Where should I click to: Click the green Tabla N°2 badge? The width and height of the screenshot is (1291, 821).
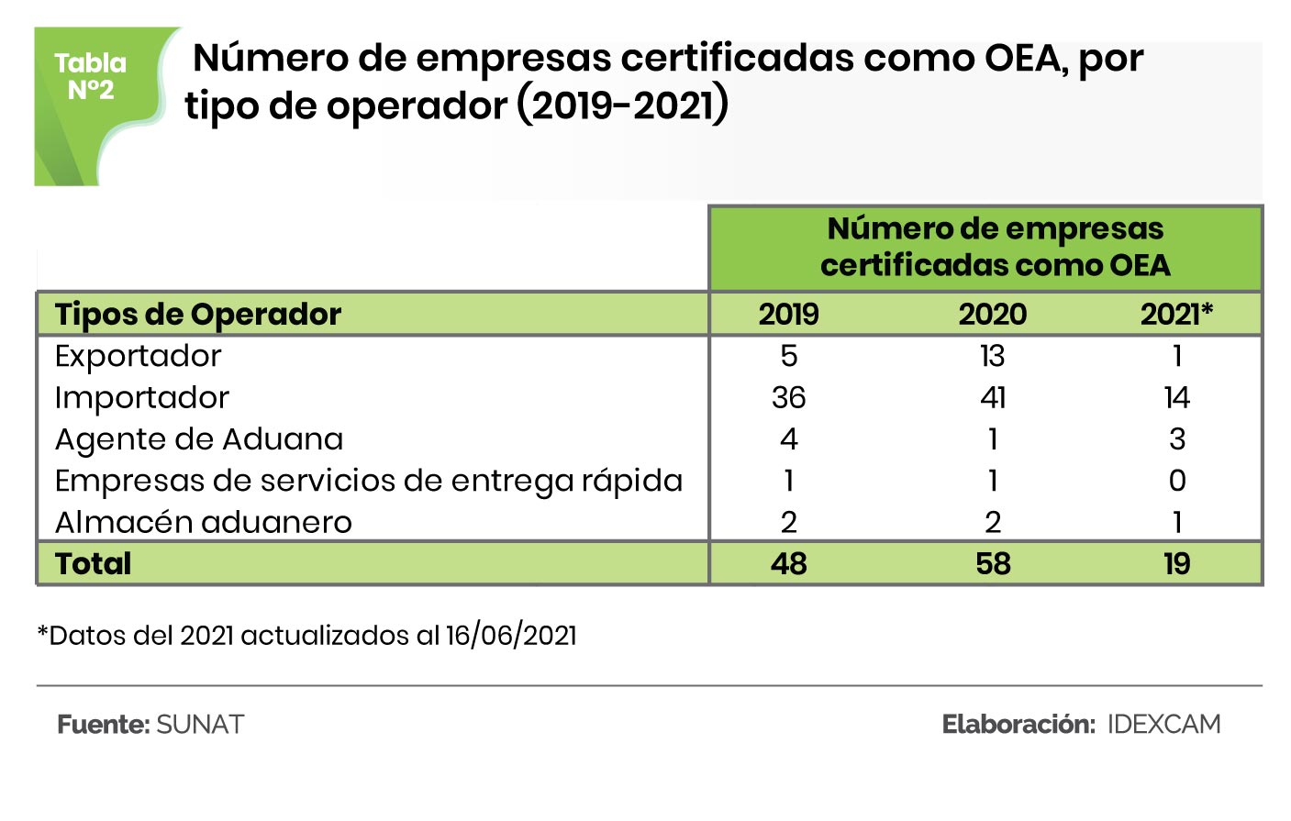91,77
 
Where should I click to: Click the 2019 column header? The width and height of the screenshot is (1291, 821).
788,315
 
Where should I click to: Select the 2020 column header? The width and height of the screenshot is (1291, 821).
992,315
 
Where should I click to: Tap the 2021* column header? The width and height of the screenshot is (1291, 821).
1176,315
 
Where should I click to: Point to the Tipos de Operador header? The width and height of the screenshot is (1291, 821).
197,315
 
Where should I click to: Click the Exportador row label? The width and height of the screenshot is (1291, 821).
138,356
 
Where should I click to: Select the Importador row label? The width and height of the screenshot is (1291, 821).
141,398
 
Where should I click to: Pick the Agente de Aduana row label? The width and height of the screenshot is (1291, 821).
198,439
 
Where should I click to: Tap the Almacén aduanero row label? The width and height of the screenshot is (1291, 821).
203,523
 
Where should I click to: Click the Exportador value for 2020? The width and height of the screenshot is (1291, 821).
992,356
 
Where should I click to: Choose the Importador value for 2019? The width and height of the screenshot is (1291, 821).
788,398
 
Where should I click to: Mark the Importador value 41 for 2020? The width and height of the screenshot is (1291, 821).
992,398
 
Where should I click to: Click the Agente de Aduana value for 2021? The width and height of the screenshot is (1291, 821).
1177,439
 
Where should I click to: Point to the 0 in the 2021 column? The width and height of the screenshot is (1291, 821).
1177,481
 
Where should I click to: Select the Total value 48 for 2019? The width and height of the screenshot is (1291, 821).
788,563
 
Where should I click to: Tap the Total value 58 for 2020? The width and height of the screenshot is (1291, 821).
992,563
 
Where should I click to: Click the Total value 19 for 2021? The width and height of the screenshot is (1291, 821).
1176,563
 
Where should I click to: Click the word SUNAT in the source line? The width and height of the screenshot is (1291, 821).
200,725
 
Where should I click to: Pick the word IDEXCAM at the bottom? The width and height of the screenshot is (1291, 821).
1163,725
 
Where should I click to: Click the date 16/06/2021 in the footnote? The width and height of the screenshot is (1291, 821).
511,636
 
